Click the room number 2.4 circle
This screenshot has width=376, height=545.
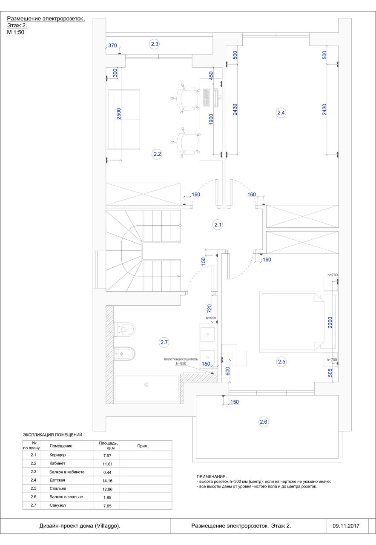coord(281,113)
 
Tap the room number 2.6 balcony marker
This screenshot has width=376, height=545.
coord(263,422)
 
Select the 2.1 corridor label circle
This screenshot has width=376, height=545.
coord(218,224)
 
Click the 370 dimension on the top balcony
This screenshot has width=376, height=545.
coord(112,46)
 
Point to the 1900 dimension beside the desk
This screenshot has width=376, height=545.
coord(211,120)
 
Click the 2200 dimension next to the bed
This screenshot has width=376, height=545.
coord(330,322)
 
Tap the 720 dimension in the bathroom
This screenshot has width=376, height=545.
coord(210,309)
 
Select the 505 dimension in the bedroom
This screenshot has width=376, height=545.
coord(330,373)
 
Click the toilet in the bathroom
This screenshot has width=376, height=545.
coord(124,330)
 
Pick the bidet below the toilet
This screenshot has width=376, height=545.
coord(124,353)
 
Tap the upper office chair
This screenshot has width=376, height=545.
coord(186,98)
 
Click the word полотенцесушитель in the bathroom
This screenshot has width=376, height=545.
coord(181,359)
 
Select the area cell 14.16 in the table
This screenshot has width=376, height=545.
coord(107,481)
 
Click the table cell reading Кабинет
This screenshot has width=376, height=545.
coord(57,463)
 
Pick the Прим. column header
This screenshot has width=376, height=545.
coord(143,446)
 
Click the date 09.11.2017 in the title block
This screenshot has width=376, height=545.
coord(346,526)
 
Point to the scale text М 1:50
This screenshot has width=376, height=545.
coord(16,32)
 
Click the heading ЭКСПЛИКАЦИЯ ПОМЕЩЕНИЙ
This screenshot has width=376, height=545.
coord(52,435)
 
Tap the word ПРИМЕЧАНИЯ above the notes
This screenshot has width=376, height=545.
coord(212,476)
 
